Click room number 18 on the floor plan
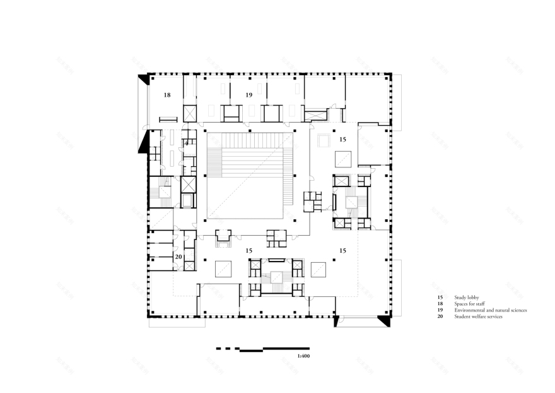pos(167,95)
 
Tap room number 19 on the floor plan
pos(249,95)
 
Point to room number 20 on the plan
pos(178,257)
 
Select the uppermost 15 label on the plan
pos(342,138)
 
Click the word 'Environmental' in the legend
pos(469,310)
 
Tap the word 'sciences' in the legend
pos(517,310)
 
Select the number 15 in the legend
pos(440,296)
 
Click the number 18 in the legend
pos(440,303)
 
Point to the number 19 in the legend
pos(440,310)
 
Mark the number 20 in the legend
pos(440,317)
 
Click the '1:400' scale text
pos(304,356)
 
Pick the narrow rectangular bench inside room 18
pos(168,119)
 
